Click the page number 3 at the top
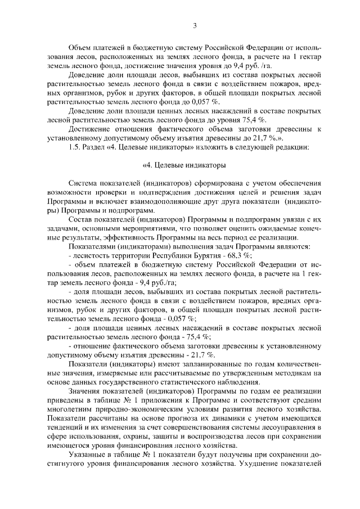[x=194, y=25]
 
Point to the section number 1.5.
[x=75, y=147]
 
